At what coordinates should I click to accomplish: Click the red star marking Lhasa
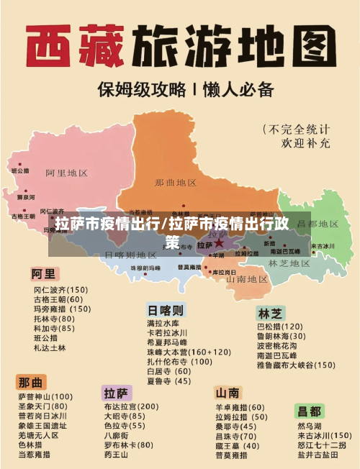point(219,243)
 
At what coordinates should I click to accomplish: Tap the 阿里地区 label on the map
point(66,173)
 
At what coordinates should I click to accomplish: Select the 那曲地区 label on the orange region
point(176,183)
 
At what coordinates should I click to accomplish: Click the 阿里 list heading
point(42,274)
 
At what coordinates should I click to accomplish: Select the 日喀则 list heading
point(166,311)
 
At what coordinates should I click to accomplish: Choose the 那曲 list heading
point(32,381)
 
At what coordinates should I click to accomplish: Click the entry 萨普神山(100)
point(45,396)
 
